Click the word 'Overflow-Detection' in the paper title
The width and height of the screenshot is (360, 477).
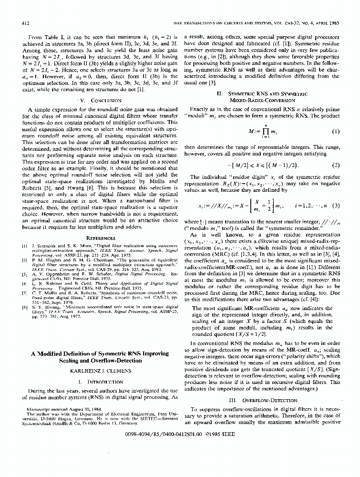pyautogui.click(x=118, y=362)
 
